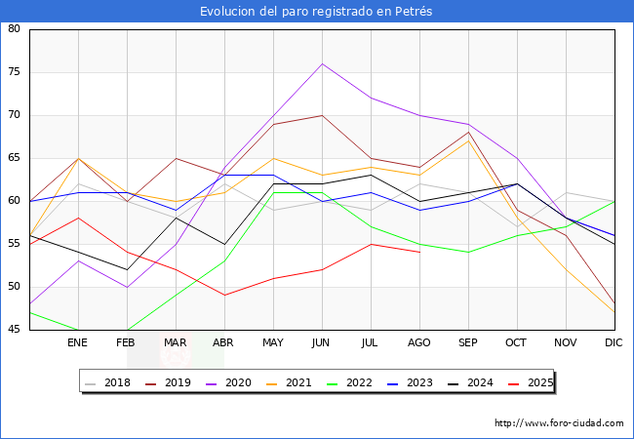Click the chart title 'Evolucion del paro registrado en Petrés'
coord(316,12)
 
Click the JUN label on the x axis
coord(322,343)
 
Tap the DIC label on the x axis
coord(614,343)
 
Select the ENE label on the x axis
coord(78,343)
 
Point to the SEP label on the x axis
coord(468,343)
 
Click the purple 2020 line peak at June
coord(322,63)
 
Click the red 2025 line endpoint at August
coord(419,253)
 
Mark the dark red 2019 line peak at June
coord(322,115)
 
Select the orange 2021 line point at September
coord(468,140)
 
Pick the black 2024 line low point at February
coord(127,269)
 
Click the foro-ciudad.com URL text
coord(559,423)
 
